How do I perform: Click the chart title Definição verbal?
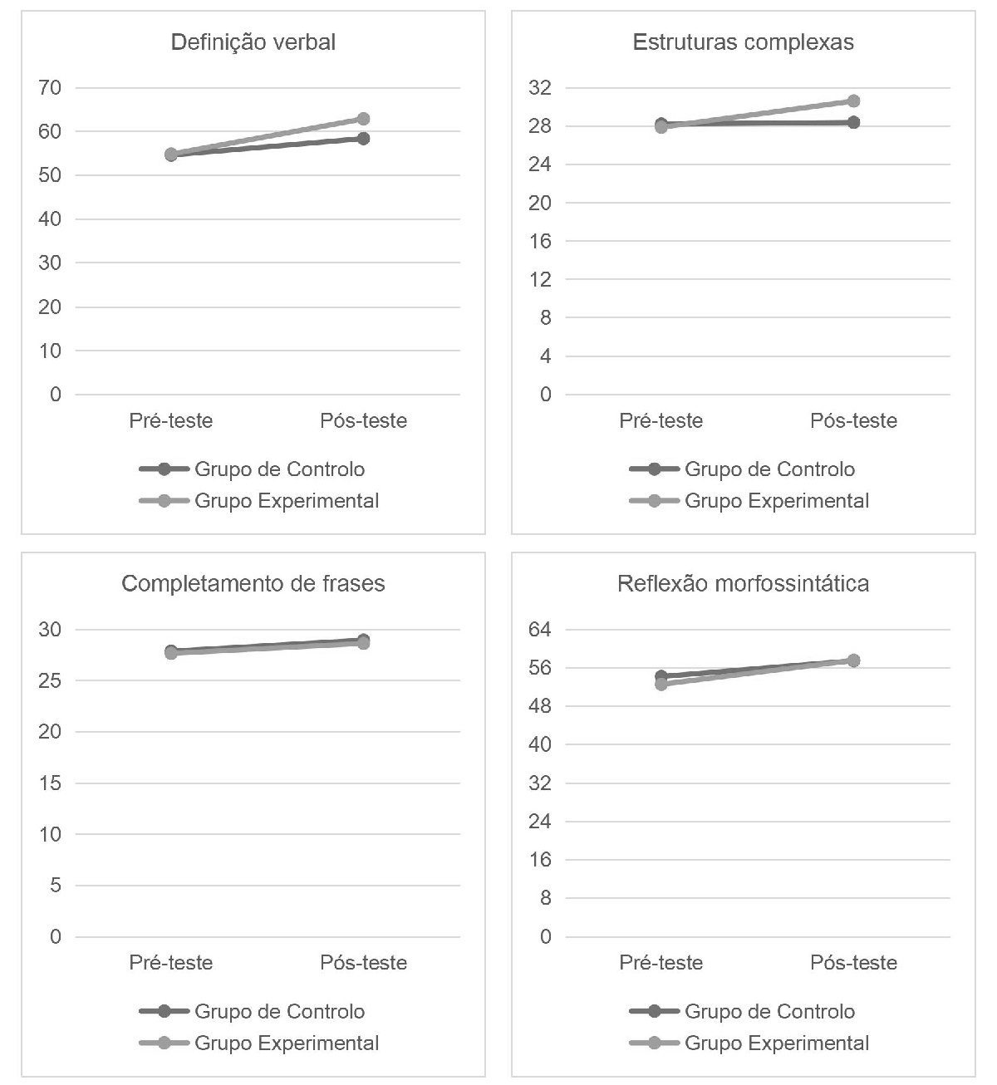[x=253, y=42]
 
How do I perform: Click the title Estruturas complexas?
[x=743, y=42]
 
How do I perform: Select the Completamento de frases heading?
[x=253, y=584]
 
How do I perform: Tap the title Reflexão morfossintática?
[x=743, y=584]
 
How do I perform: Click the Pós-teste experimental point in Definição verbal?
[x=363, y=119]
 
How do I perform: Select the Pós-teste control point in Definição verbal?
[x=363, y=138]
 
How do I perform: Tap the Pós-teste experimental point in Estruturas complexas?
[x=853, y=101]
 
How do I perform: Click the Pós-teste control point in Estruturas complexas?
[x=853, y=122]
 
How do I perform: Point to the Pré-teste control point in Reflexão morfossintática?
[x=661, y=676]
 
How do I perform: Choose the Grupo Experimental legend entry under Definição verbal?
[x=287, y=501]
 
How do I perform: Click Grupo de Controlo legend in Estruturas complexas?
[x=769, y=469]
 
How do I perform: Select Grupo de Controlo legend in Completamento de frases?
[x=279, y=1012]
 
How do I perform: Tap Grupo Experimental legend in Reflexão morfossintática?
[x=777, y=1043]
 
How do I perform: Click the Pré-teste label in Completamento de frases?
[x=171, y=963]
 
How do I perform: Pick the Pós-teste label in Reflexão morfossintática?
[x=853, y=963]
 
